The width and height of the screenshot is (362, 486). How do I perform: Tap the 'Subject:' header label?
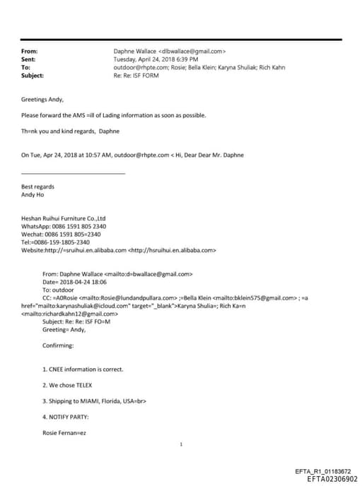click(33, 75)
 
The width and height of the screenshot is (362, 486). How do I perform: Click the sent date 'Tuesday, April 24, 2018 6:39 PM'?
click(156, 59)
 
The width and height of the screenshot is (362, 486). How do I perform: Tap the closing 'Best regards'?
click(37, 186)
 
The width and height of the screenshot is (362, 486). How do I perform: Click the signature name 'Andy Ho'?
click(33, 194)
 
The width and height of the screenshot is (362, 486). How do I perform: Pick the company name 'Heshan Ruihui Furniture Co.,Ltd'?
click(63, 218)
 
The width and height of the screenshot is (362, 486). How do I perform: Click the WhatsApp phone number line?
click(64, 226)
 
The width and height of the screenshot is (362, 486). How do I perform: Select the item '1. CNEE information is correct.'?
click(83, 369)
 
